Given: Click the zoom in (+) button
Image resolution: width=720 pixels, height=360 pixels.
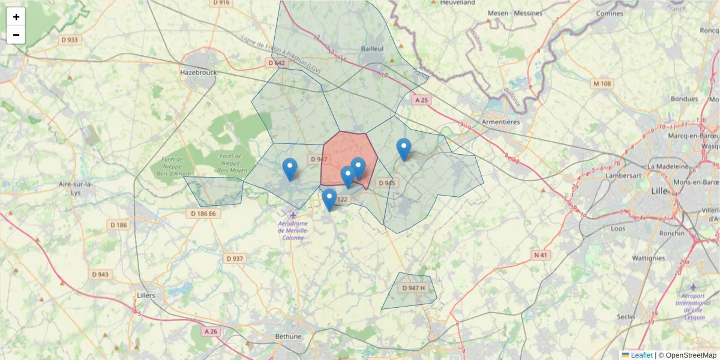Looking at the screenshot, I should point(16,17).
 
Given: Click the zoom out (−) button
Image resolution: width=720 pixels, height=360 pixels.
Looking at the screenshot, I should point(16,35).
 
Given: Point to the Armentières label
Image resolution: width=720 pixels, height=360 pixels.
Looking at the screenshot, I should point(500,122).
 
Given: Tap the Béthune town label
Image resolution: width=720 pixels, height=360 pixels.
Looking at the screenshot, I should point(288,336).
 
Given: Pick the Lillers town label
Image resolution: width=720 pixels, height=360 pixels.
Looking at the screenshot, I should point(146,295).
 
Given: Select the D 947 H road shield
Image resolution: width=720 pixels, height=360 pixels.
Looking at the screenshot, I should point(414,288).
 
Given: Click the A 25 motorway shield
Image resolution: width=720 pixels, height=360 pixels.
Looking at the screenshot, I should point(422,100).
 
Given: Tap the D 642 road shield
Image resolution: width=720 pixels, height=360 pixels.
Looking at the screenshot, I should point(277,63).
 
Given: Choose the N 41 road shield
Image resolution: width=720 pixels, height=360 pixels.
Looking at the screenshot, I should point(541,255).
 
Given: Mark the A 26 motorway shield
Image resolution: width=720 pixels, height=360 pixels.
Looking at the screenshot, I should point(211,331).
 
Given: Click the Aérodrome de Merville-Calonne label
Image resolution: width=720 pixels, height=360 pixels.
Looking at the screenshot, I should point(293,230).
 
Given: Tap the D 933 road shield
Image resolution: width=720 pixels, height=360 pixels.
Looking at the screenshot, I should point(70,40).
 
